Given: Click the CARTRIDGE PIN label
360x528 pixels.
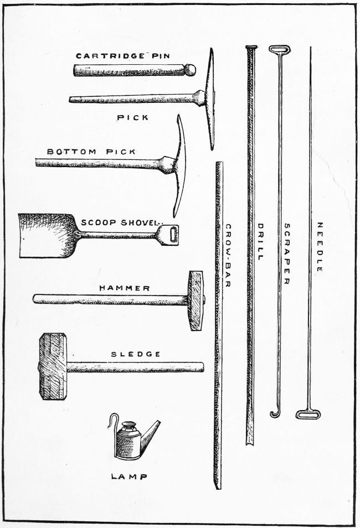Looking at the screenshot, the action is [123, 56].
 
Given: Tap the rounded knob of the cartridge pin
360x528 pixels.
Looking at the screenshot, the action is [190, 69].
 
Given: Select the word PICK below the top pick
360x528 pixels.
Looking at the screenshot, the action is [132, 117].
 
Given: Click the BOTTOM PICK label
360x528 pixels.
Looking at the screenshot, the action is [91, 152].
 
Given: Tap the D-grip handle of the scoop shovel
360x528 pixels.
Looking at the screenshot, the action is [168, 234].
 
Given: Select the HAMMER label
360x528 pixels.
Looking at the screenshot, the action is [125, 288].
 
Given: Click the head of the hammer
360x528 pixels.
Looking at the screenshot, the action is [196, 301].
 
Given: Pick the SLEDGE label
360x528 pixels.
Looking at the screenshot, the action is [136, 354].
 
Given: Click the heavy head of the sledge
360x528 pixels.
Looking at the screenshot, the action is [53, 366].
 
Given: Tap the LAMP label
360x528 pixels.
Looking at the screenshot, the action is [129, 477].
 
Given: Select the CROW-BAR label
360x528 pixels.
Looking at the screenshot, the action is [228, 255].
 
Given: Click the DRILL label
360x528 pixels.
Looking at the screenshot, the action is [260, 241].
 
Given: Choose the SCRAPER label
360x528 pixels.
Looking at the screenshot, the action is [286, 253].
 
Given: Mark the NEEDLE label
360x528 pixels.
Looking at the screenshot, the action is [320, 247].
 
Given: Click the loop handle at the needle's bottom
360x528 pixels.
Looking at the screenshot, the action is [308, 414].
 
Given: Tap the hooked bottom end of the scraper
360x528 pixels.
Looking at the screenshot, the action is [275, 413].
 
